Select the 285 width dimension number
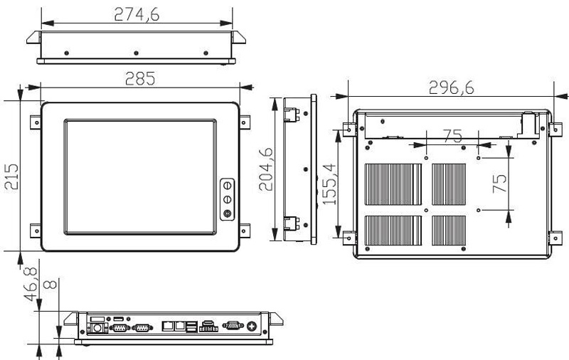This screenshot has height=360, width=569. [x=140, y=78]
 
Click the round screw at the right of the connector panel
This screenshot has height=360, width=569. [x=251, y=327]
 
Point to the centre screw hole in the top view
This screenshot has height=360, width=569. [x=135, y=52]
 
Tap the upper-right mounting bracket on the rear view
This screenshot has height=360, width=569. [x=551, y=129]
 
